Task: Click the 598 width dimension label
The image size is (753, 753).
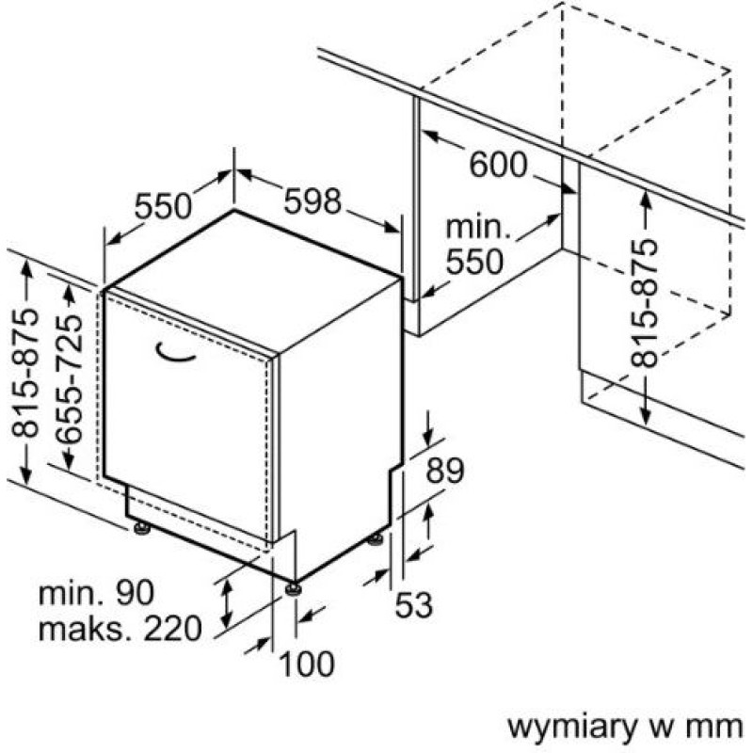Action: pyautogui.click(x=312, y=200)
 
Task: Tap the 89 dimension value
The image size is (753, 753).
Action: pyautogui.click(x=445, y=470)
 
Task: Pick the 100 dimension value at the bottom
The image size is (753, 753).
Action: pyautogui.click(x=307, y=665)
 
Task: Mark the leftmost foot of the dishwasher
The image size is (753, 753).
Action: pyautogui.click(x=141, y=529)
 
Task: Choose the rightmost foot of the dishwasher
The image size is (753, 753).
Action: pyautogui.click(x=376, y=538)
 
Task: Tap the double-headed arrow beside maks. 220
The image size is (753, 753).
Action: pyautogui.click(x=226, y=605)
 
